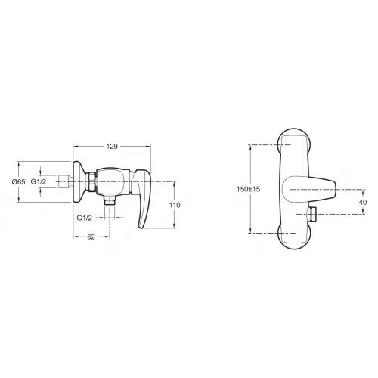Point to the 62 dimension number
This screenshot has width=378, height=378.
90,237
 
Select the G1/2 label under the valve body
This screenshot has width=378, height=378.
85,218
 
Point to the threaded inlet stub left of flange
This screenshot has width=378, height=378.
64,182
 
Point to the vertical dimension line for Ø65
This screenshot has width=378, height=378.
34,182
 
